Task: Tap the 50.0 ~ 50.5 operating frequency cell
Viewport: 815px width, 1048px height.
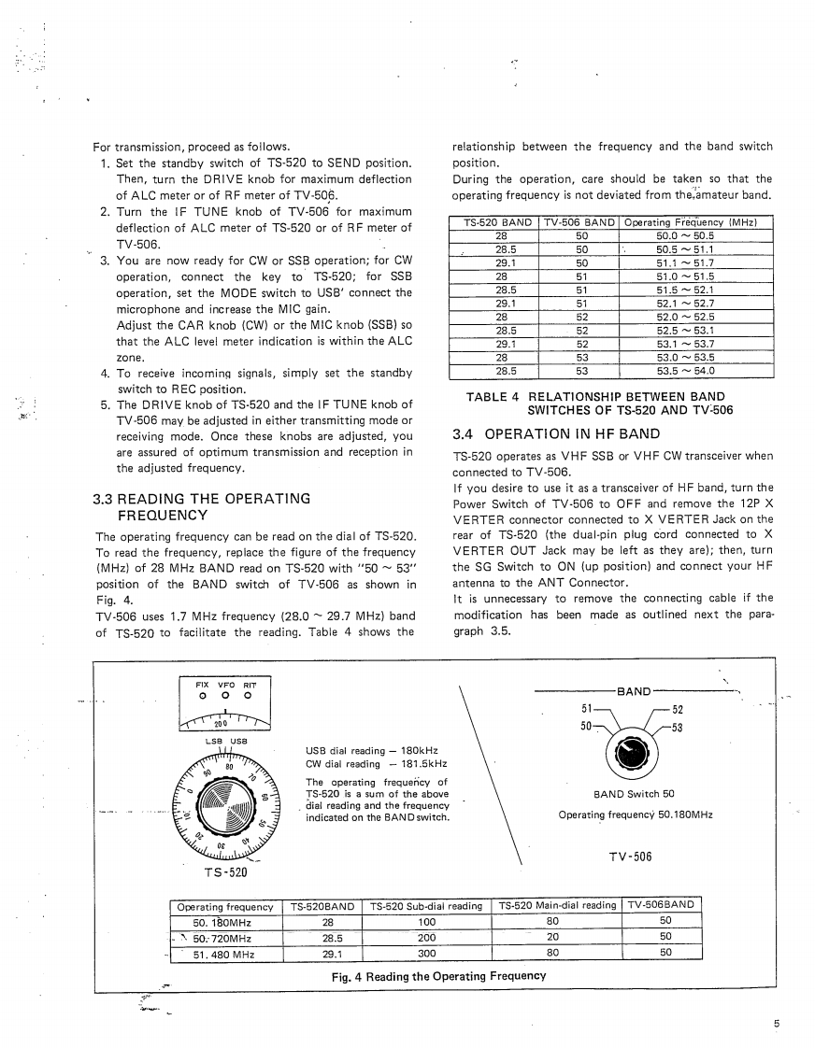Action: point(687,236)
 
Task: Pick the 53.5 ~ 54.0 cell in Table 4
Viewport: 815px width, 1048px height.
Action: point(687,370)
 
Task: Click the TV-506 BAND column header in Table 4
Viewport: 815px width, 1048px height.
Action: point(579,222)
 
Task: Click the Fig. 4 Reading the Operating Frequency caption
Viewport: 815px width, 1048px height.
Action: point(438,975)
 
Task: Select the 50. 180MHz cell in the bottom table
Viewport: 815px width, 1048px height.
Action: point(224,921)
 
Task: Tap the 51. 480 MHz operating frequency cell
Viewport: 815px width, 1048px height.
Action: point(224,954)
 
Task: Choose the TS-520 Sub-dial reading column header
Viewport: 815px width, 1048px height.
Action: point(426,905)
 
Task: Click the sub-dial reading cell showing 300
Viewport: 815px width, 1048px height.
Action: point(426,954)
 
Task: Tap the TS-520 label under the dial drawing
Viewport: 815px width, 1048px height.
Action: point(224,872)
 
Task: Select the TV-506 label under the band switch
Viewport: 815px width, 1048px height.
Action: point(635,857)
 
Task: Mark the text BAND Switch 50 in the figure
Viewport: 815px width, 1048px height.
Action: point(634,794)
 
